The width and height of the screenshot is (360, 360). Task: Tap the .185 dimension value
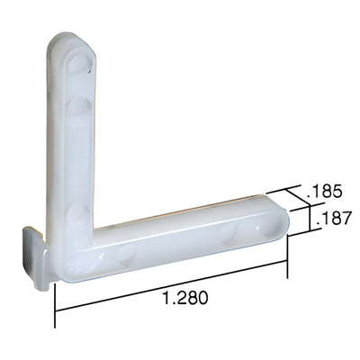pos(326,191)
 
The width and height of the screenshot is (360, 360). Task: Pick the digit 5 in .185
pos(341,191)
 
